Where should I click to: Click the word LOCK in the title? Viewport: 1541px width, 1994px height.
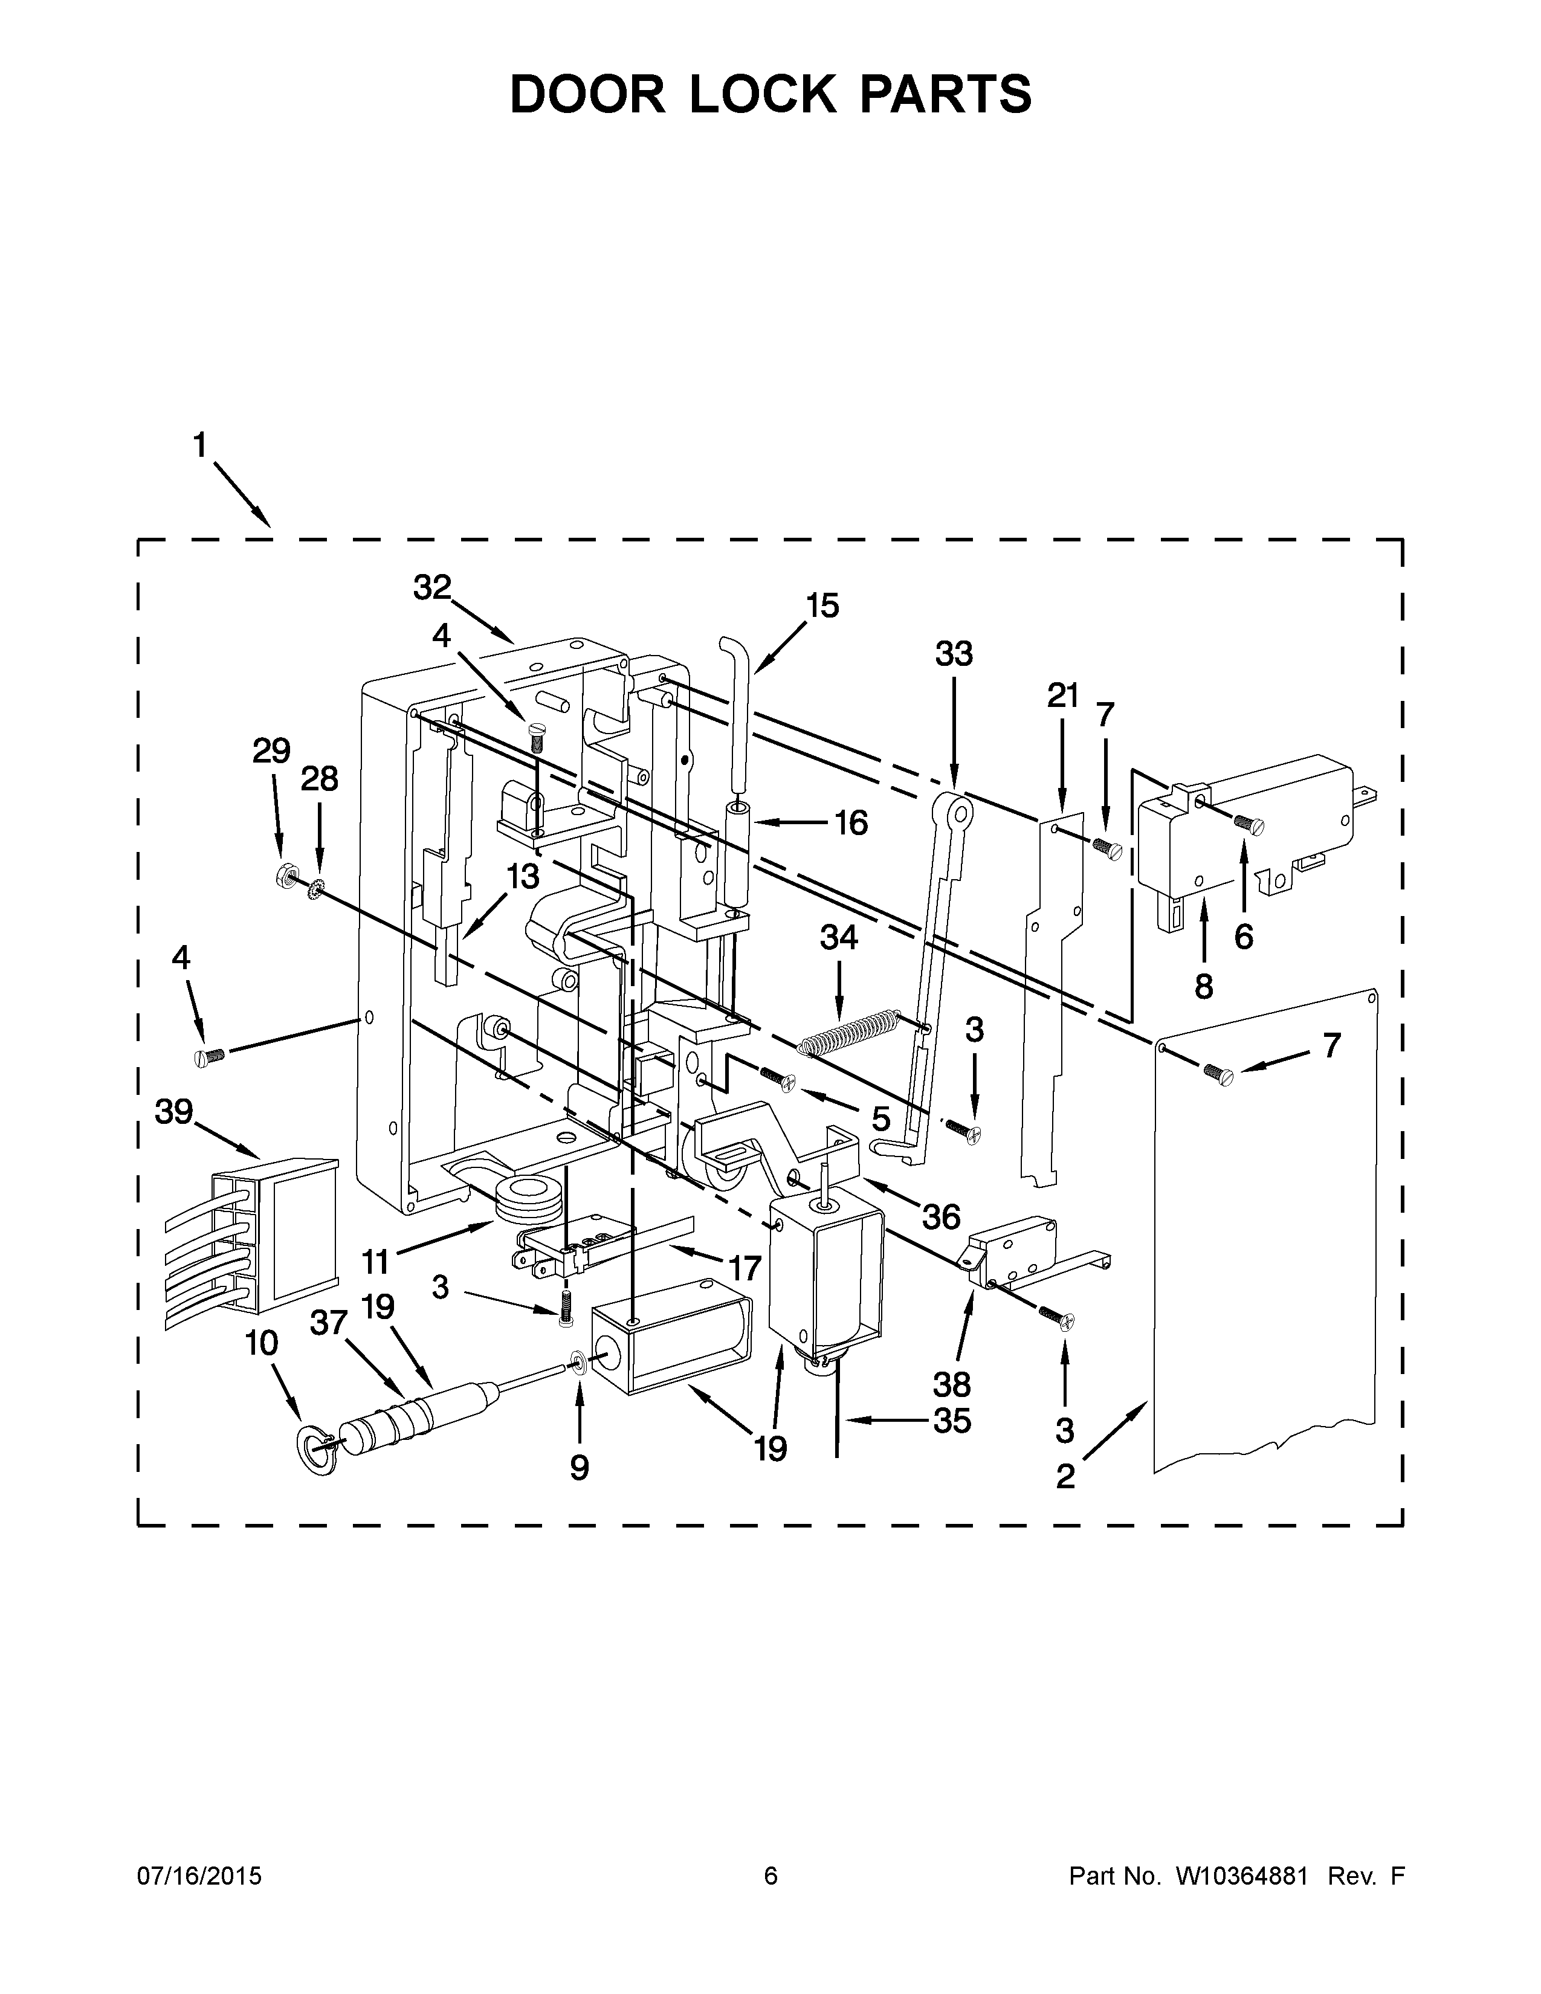[762, 94]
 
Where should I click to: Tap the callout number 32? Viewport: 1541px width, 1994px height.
[432, 588]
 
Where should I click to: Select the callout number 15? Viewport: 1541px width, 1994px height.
[822, 605]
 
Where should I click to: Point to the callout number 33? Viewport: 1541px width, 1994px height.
[954, 654]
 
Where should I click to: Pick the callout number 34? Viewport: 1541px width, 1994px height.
[839, 938]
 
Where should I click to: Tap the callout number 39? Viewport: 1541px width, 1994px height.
[175, 1111]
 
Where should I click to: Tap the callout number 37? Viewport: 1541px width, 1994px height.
[329, 1323]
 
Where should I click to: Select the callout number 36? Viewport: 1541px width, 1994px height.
[940, 1216]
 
